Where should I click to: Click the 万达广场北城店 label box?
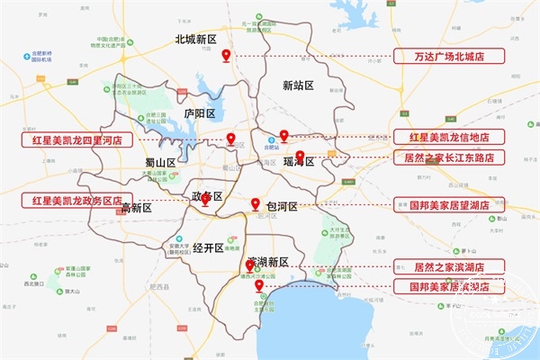pyautogui.click(x=449, y=56)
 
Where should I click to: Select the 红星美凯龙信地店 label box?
pyautogui.click(x=449, y=138)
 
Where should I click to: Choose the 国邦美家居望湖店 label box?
pyautogui.click(x=449, y=205)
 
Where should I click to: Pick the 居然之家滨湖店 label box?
pyautogui.click(x=449, y=267)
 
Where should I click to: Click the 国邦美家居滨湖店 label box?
pyautogui.click(x=449, y=287)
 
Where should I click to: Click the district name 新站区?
pyautogui.click(x=297, y=85)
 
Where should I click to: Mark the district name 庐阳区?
pyautogui.click(x=199, y=114)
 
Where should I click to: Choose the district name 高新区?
pyautogui.click(x=136, y=208)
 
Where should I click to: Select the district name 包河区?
pyautogui.click(x=282, y=206)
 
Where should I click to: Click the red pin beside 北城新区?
pyautogui.click(x=227, y=55)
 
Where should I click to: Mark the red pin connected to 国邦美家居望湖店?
pyautogui.click(x=256, y=203)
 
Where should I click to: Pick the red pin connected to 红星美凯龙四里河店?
pyautogui.click(x=231, y=139)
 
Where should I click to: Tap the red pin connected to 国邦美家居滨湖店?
pyautogui.click(x=259, y=286)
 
